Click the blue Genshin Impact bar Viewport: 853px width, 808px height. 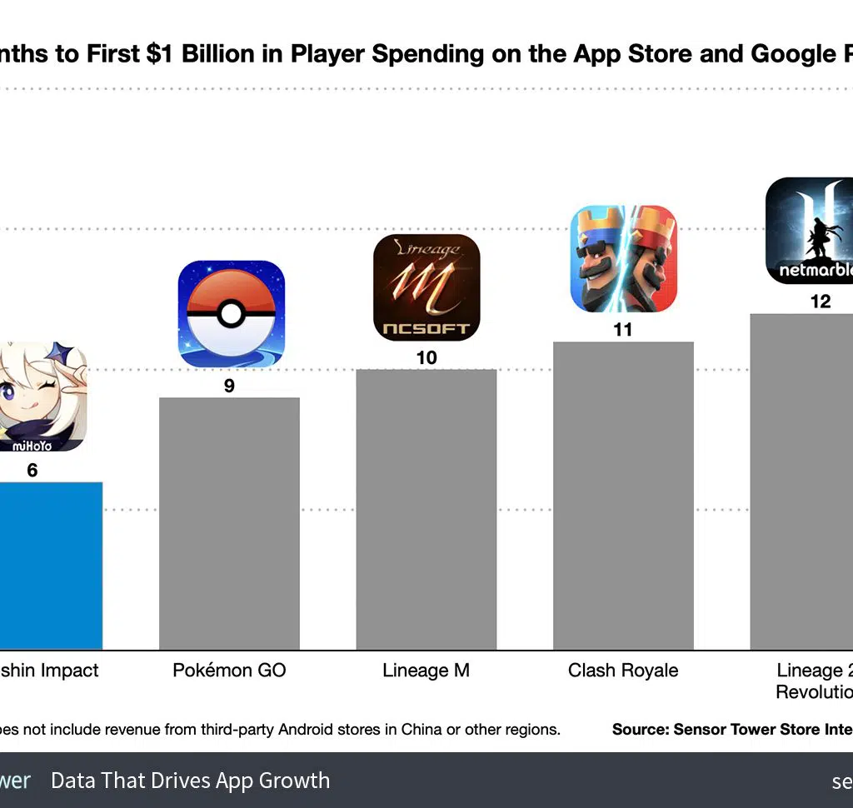50,566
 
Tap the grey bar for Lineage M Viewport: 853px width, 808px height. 426,509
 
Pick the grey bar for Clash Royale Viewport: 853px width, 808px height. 623,496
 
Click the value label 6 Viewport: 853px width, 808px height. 32,471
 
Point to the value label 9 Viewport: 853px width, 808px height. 229,386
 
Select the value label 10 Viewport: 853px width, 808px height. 426,358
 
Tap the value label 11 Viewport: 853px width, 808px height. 623,330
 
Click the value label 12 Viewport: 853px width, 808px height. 821,302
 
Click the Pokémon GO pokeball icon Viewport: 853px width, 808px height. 231,314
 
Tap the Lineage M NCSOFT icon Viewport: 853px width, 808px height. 426,287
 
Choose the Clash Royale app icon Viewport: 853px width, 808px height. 623,259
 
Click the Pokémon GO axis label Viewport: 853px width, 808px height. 229,671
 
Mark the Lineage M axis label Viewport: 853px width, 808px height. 426,671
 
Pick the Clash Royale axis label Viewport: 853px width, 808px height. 623,671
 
